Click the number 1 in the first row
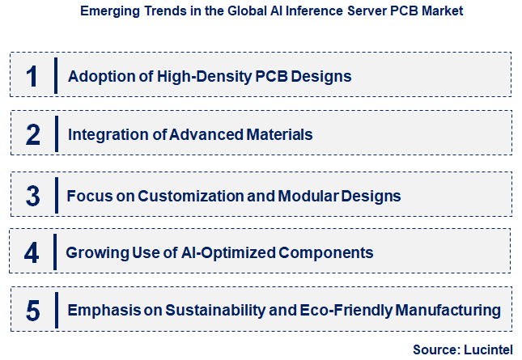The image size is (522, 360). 32,76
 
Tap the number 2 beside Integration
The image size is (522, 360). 32,134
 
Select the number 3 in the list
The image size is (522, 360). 32,195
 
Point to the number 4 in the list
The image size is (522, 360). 32,252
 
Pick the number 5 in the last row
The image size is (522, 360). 32,310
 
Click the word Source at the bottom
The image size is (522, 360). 435,349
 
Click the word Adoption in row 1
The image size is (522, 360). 96,77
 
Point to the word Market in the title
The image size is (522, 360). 443,12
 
